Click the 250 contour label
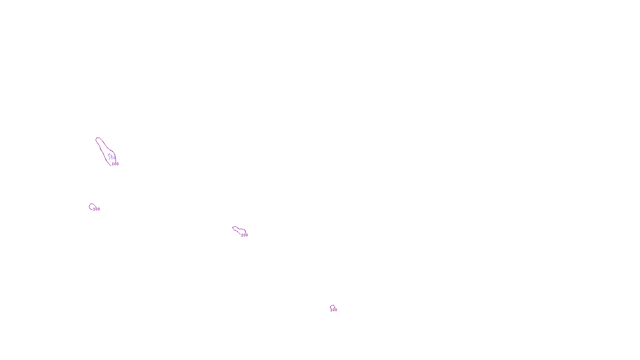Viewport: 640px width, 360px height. [x=112, y=158]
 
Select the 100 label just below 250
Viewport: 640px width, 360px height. [x=115, y=164]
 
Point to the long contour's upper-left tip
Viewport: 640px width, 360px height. [x=97, y=139]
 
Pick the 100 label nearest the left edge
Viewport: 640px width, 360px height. [x=96, y=209]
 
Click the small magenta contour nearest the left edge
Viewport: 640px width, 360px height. [x=92, y=206]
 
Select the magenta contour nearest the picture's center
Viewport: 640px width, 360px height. [x=239, y=230]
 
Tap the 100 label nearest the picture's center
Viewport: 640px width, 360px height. [x=244, y=235]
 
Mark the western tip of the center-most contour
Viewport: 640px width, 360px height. [x=233, y=228]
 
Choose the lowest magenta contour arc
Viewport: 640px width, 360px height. [x=332, y=306]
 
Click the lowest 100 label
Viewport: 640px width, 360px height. [x=334, y=310]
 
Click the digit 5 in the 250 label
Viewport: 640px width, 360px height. [x=112, y=158]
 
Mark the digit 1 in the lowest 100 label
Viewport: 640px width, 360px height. [x=331, y=310]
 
